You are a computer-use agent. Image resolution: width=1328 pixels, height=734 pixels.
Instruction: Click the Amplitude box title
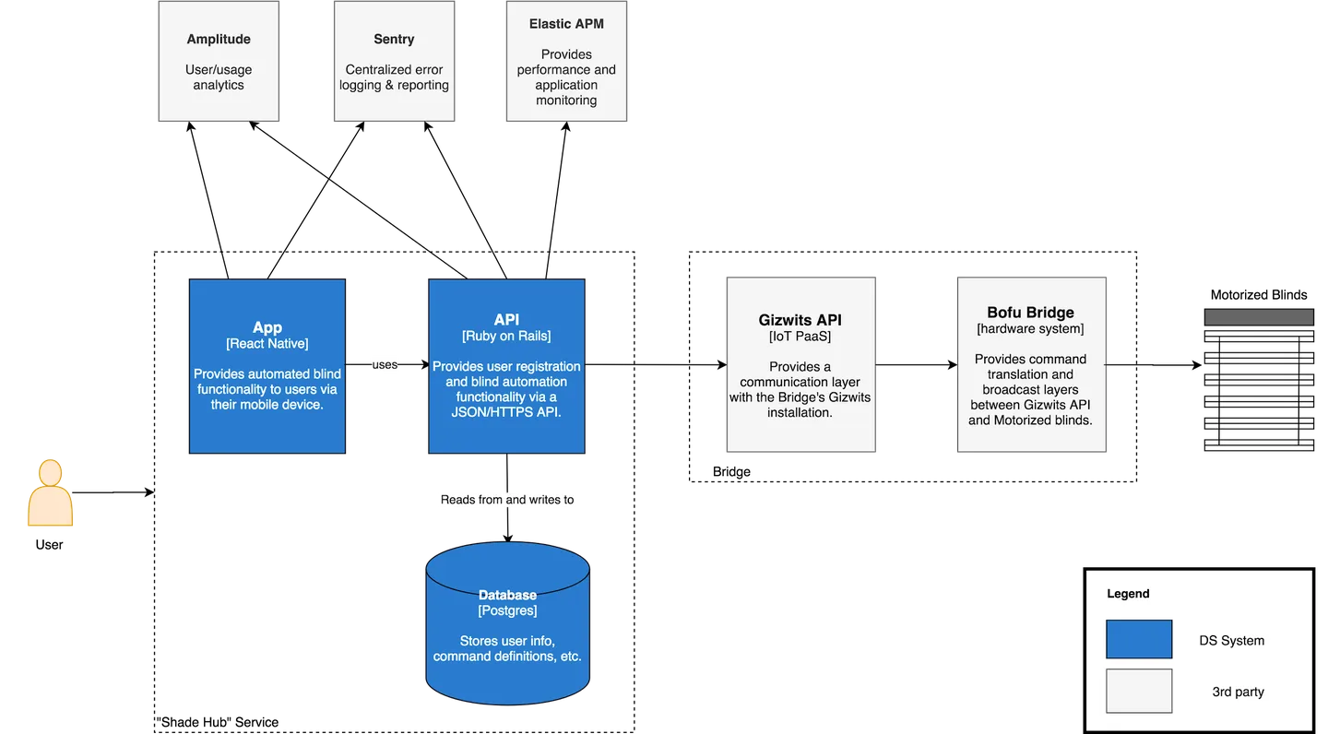[219, 40]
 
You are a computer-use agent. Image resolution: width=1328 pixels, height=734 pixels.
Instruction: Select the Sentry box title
[394, 40]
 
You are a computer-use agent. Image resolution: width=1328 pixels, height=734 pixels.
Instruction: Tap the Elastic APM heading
[566, 24]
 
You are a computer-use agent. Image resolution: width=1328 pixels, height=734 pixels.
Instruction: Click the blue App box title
[267, 327]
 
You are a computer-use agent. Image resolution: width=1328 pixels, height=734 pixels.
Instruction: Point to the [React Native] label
[267, 344]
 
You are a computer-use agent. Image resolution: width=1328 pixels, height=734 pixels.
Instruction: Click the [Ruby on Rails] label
[506, 336]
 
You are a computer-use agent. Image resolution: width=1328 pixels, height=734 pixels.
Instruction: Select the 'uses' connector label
[385, 365]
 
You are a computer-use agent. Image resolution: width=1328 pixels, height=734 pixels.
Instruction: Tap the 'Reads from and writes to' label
[506, 500]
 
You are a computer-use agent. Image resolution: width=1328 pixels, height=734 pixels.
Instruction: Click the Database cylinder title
[507, 596]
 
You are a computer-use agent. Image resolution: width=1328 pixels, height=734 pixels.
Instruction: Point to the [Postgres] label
[507, 610]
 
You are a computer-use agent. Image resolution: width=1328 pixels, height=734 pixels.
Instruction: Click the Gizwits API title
[800, 321]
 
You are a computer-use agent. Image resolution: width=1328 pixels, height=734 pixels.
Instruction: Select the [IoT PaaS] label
[800, 337]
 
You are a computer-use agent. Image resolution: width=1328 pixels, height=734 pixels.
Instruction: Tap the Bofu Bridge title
[1030, 313]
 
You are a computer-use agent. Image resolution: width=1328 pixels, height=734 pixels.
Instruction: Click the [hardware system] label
[1030, 328]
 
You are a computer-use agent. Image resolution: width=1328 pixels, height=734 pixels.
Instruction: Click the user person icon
[50, 494]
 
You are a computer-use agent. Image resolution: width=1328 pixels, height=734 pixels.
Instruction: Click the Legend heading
[1128, 594]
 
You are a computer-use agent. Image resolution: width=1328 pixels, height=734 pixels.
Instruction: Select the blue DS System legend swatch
[1139, 639]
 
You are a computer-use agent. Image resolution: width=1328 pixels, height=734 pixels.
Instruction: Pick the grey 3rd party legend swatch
[1139, 691]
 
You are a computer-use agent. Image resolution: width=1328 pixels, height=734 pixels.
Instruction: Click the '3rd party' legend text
[1238, 692]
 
